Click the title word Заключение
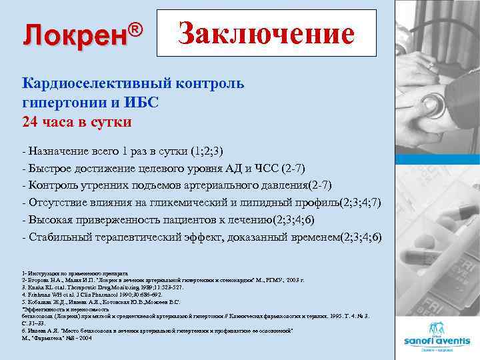pos(266,34)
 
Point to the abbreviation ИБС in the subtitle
pos(145,103)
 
